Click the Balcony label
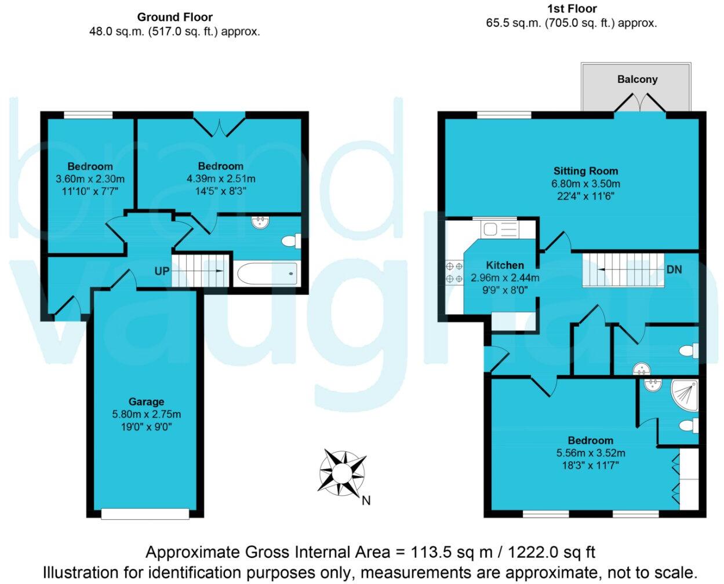point(637,79)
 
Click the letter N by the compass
point(366,501)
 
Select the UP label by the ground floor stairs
point(162,271)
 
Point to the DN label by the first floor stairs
point(674,269)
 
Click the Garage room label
point(146,402)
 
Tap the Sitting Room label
point(585,171)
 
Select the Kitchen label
point(505,265)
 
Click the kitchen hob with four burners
point(454,272)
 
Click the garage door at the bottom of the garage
point(145,513)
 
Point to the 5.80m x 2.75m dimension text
point(146,414)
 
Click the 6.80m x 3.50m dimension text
point(585,184)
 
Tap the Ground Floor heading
point(174,17)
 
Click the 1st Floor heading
point(571,9)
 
